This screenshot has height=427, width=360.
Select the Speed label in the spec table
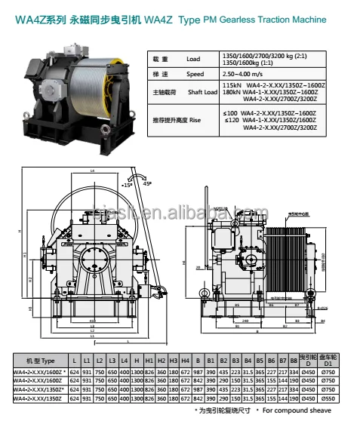195,75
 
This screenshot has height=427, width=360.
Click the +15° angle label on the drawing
126,183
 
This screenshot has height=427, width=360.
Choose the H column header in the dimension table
137,361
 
